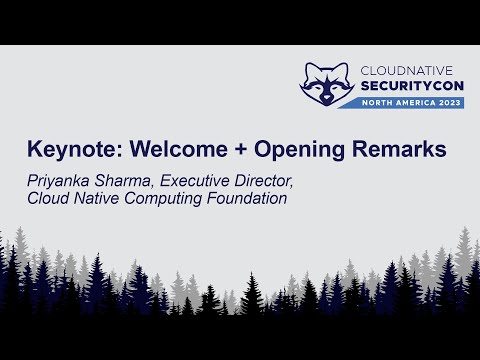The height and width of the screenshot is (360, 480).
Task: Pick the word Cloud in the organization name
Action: (x=45, y=198)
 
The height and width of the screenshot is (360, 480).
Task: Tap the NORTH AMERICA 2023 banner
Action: (x=410, y=104)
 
